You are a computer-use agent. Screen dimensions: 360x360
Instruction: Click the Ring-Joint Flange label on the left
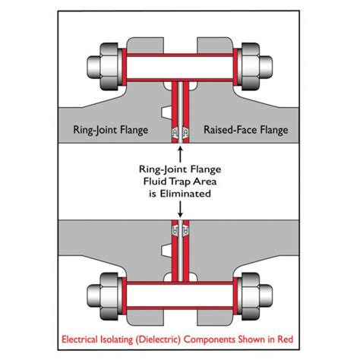tap(114, 131)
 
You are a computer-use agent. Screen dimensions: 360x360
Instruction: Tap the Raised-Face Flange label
tap(246, 131)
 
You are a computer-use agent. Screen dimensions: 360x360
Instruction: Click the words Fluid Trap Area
tap(180, 182)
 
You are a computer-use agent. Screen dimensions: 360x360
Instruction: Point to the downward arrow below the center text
tap(180, 211)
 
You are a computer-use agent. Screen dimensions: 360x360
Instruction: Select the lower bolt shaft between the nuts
tap(180, 295)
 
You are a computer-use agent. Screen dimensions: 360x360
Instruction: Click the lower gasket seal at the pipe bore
tap(180, 228)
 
